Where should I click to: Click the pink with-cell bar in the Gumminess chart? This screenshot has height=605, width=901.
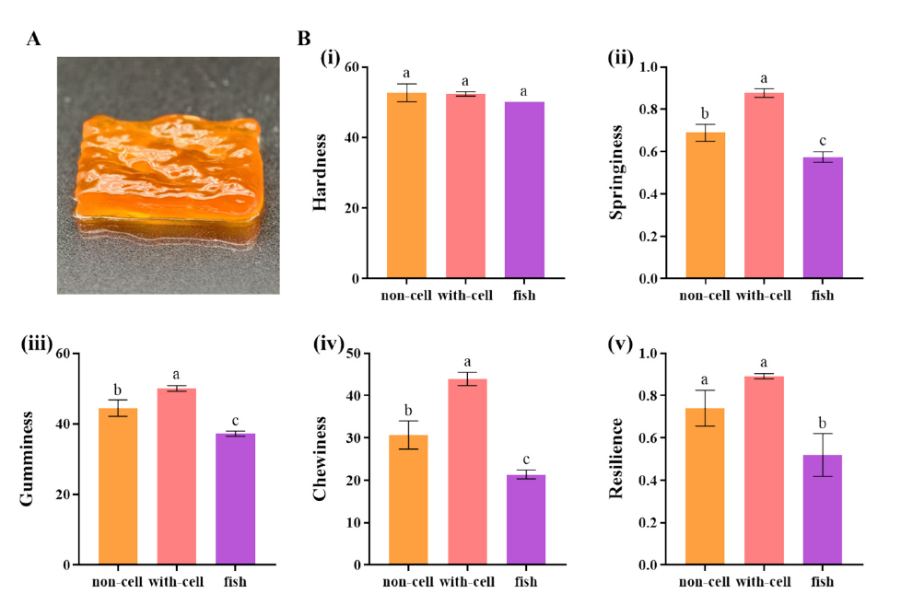tap(177, 489)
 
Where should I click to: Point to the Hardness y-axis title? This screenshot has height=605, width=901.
tap(321, 172)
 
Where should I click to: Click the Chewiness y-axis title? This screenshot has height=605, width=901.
tap(321, 459)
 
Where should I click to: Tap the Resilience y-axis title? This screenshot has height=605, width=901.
tap(617, 459)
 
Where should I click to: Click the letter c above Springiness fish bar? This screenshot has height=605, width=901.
tap(823, 141)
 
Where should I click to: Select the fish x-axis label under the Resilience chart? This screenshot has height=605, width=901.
tap(823, 582)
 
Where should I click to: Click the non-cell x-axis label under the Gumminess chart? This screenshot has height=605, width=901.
tap(118, 582)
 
